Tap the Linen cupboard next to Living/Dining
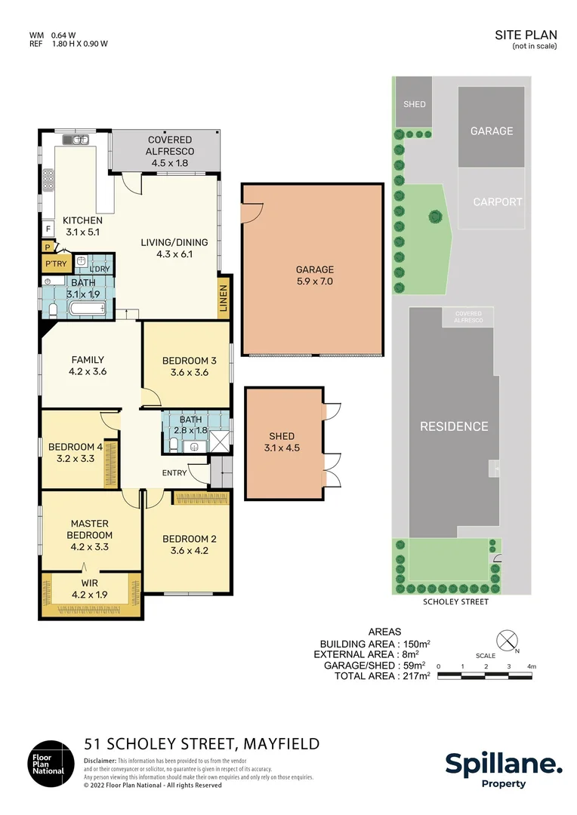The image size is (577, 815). coord(224,299)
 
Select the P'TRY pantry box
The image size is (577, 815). coord(56,263)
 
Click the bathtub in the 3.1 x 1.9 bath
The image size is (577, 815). coord(84,308)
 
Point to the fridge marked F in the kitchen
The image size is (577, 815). coord(48,228)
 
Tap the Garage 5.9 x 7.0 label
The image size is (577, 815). coord(314,275)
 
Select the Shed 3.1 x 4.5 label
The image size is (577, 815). coord(282,442)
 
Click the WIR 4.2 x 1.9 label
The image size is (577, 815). coord(90,589)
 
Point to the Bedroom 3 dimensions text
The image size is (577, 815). coord(190,372)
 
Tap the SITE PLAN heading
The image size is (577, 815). coord(526,35)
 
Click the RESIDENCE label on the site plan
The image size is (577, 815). coord(454,426)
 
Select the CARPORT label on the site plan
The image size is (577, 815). coord(497,202)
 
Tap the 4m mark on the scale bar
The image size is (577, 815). coord(532,666)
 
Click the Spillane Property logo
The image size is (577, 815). coord(503,770)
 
